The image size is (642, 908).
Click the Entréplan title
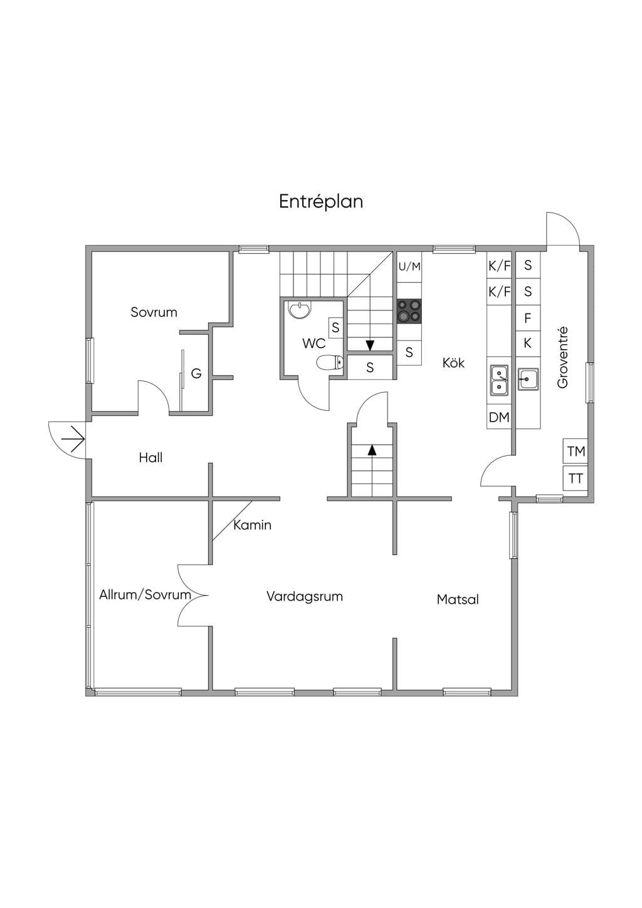click(321, 201)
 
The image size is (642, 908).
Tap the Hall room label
click(150, 458)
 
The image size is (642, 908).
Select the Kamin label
click(252, 525)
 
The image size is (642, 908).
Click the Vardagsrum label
click(304, 596)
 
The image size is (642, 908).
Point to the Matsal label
click(458, 599)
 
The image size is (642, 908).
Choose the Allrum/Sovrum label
click(145, 594)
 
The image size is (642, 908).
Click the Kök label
click(453, 362)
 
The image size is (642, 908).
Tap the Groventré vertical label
click(562, 358)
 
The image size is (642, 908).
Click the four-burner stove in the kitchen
click(409, 311)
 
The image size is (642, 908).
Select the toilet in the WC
click(330, 362)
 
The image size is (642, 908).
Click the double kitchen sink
click(499, 380)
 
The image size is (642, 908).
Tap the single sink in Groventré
click(528, 379)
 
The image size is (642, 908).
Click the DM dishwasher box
click(499, 417)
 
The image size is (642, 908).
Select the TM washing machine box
click(576, 451)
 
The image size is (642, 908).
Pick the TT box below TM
click(576, 478)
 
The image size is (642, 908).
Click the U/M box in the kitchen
click(409, 267)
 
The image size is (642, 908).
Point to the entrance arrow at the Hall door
click(73, 439)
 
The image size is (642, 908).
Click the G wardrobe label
click(196, 373)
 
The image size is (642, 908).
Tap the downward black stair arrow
click(370, 346)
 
